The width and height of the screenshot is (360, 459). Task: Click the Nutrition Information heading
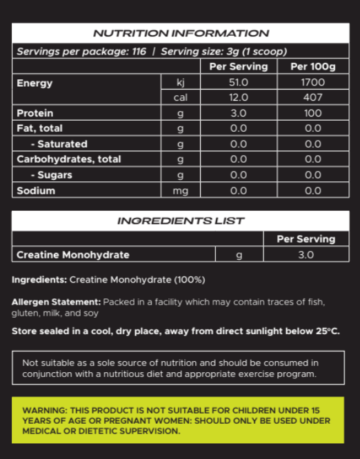click(x=181, y=33)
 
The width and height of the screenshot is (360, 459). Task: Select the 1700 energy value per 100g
click(x=312, y=83)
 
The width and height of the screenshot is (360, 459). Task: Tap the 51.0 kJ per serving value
click(x=238, y=83)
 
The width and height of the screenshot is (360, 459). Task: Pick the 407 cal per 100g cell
click(x=312, y=98)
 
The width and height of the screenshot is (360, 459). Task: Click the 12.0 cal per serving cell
click(x=238, y=98)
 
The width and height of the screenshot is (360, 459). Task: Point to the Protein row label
click(x=35, y=113)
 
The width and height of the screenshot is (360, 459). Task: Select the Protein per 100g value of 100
click(x=312, y=113)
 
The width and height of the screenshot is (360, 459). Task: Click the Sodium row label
click(x=36, y=190)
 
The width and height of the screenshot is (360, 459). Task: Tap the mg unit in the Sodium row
click(x=179, y=191)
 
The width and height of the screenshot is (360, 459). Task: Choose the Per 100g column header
click(x=312, y=67)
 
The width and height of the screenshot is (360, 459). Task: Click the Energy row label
click(x=34, y=83)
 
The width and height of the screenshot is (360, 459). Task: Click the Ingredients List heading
click(x=181, y=221)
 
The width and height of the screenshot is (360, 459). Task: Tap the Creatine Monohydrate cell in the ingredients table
click(x=73, y=254)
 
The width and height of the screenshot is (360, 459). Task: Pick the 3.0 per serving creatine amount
click(x=306, y=254)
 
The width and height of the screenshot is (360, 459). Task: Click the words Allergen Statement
click(x=56, y=302)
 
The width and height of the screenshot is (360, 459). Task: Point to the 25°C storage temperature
click(x=328, y=331)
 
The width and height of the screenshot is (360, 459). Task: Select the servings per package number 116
click(x=138, y=51)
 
